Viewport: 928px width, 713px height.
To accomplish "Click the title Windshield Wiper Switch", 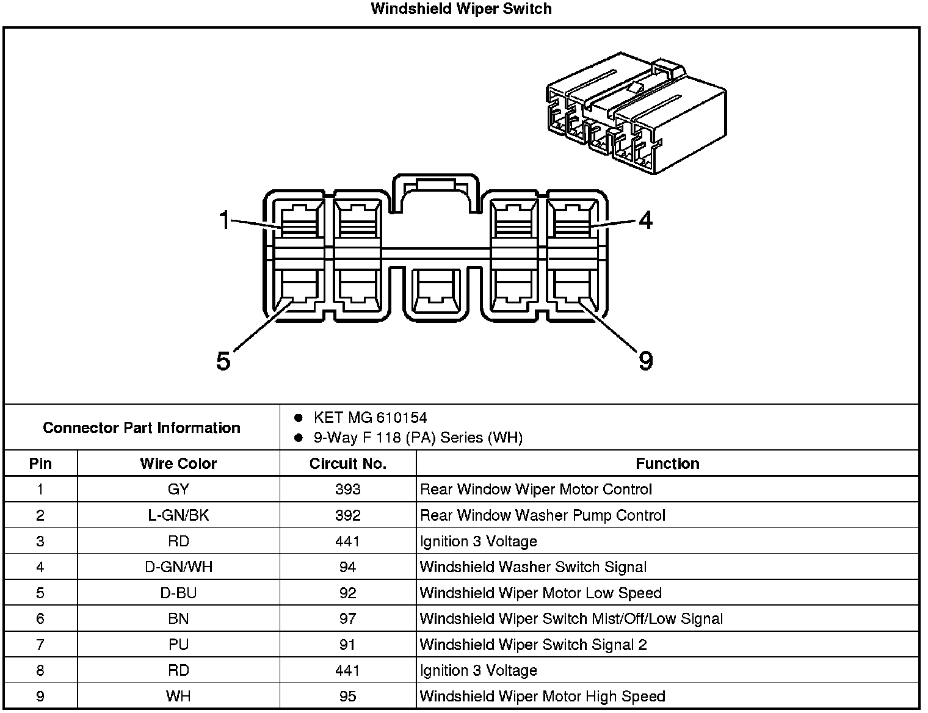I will pos(461,9).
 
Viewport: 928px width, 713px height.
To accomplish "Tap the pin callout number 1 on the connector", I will pos(225,220).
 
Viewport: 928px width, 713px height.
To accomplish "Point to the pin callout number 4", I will pos(645,220).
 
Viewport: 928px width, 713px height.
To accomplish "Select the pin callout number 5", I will pos(223,361).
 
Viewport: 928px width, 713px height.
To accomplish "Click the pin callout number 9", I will pos(645,361).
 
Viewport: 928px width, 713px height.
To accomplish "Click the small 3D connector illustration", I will pos(636,114).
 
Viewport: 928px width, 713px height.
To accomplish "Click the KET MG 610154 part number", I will pos(370,418).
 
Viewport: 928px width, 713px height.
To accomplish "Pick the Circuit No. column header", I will pos(347,464).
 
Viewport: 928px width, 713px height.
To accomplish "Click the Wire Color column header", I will pos(178,464).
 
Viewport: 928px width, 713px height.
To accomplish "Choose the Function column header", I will pos(667,464).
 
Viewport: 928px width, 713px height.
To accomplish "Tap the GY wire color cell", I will pos(178,490).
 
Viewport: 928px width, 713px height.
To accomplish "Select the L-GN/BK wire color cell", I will pos(178,516).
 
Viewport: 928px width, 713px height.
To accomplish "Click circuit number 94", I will pos(347,567).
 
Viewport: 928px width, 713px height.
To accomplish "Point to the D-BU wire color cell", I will pos(178,593).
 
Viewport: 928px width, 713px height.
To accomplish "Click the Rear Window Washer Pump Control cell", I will pos(542,516).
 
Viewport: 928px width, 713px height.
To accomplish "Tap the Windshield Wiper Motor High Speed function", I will pos(542,697).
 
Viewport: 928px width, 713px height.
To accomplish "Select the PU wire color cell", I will pos(178,645).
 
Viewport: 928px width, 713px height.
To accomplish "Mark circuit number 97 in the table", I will pos(347,619).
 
